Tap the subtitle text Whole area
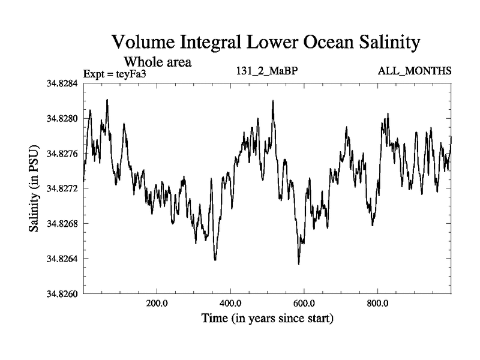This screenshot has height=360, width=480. (158, 61)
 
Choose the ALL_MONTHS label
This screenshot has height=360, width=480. (415, 71)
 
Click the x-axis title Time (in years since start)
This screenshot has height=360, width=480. (267, 317)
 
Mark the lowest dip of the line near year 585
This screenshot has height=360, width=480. (299, 263)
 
